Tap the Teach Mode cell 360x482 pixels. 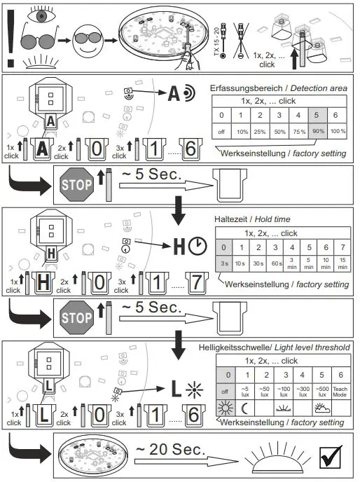coord(340,390)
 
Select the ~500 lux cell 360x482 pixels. coord(321,390)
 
